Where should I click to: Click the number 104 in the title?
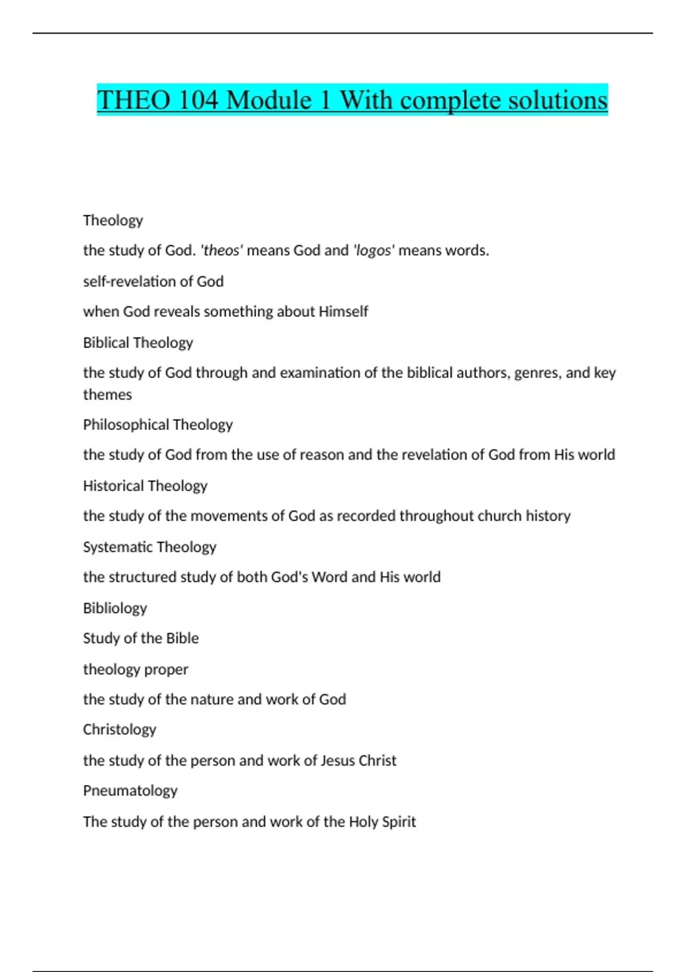click(x=198, y=101)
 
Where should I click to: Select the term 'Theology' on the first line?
click(x=113, y=220)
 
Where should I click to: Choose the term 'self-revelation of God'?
click(x=153, y=281)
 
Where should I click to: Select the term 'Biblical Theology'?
click(x=138, y=342)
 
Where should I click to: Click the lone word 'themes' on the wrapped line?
click(x=107, y=395)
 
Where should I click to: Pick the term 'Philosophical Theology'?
click(x=158, y=425)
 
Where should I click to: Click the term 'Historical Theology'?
click(x=145, y=486)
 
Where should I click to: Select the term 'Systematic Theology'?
click(x=150, y=547)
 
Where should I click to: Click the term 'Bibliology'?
click(x=115, y=608)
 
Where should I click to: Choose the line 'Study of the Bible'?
click(x=141, y=638)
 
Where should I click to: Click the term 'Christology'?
click(x=119, y=730)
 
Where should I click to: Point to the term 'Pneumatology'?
click(x=130, y=791)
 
